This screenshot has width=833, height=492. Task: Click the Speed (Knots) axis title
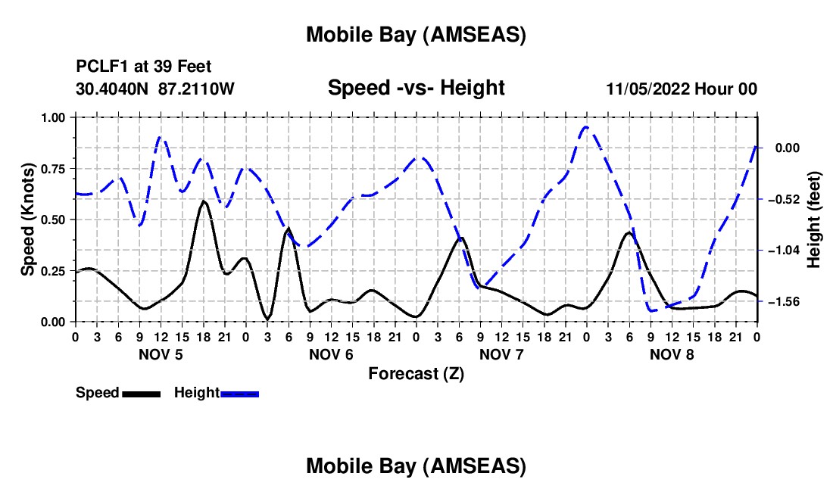27,220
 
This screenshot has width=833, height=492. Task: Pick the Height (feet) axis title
813,220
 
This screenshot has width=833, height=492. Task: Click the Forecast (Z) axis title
416,373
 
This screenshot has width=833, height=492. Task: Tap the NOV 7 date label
501,354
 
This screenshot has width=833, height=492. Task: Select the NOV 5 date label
160,354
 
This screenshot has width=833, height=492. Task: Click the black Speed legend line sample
140,393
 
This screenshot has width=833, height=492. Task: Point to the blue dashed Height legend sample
239,393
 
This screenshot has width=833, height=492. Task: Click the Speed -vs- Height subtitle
416,88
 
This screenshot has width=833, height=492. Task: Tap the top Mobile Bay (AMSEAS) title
416,34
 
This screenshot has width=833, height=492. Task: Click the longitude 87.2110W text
197,89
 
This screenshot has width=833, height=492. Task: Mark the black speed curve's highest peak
203,201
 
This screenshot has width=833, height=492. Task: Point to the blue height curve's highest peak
585,127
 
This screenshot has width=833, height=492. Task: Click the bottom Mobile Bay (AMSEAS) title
416,466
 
